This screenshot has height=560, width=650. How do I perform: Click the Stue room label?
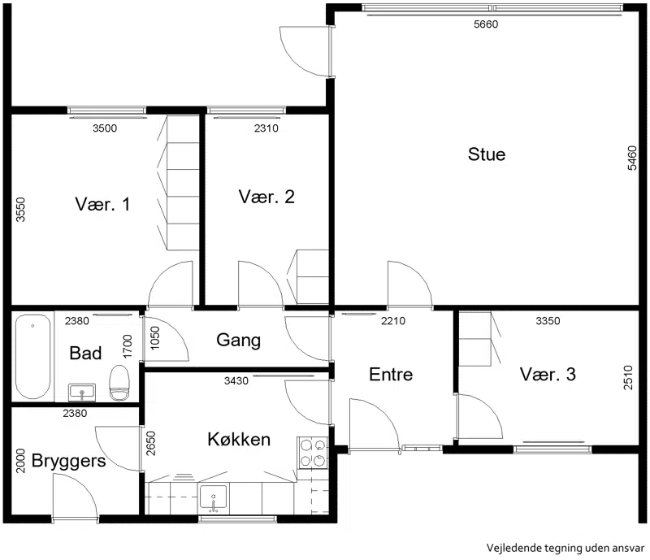coord(487,154)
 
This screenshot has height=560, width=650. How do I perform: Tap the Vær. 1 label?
coord(102,204)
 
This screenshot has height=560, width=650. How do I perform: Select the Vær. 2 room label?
coord(266,197)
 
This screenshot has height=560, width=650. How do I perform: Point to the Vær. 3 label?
coord(548,374)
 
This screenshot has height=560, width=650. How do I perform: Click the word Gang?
coord(238,341)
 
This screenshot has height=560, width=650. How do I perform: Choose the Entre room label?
coord(391,374)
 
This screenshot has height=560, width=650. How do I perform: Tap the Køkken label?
coord(239,439)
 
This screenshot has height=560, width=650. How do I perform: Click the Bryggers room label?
coord(68,462)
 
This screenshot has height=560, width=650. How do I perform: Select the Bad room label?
coord(85,353)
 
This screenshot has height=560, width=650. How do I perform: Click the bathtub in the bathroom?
coord(32,356)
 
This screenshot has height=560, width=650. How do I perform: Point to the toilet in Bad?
coord(119,383)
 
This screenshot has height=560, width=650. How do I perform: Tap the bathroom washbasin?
coord(82,393)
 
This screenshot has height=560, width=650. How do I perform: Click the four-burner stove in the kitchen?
coord(313,453)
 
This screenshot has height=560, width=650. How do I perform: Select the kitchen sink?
coord(213,497)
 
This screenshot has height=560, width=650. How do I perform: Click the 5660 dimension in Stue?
coord(486,24)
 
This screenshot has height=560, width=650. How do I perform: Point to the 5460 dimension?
coord(632,158)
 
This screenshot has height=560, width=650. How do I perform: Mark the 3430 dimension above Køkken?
coord(236,381)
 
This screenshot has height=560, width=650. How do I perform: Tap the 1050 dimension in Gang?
coord(154,338)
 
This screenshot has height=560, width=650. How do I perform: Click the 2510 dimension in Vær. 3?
coord(628,377)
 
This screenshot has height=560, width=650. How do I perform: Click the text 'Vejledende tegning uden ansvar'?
coord(565,548)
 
